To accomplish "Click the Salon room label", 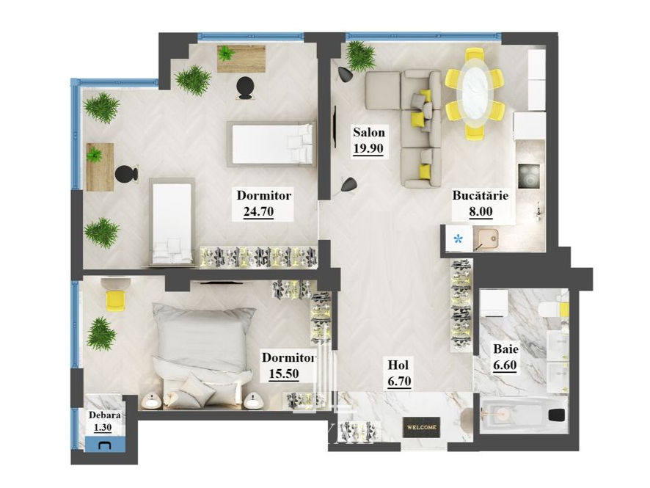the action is point(368,132).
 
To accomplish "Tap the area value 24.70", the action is point(259,212).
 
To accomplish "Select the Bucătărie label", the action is point(480,195).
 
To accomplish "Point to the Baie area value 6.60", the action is point(505,365).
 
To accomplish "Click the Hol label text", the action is point(398,365).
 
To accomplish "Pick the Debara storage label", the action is point(105,415).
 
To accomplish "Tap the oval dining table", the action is point(475,92).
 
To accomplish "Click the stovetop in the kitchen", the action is point(529,177).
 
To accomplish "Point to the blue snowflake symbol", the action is point(458,238).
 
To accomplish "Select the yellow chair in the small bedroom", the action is point(116,300).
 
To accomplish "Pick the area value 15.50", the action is point(284,374).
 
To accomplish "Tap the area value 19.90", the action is point(368,148).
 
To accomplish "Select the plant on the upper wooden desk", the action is point(226,53).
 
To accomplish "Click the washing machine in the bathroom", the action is point(494,304).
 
